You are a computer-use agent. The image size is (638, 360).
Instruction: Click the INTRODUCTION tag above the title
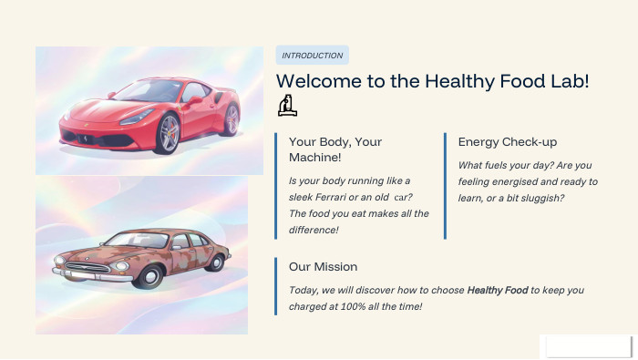313,56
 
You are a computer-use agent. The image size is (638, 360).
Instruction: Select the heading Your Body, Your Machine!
334,150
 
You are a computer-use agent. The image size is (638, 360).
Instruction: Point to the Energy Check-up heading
508,142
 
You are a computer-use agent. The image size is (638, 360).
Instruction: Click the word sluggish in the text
541,198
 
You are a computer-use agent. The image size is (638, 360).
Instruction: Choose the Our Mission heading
323,266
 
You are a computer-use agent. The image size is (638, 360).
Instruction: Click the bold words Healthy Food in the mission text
498,290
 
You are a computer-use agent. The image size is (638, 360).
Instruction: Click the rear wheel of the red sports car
232,119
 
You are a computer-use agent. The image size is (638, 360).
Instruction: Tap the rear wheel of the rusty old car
216,262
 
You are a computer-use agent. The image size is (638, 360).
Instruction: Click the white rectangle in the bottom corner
585,345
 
